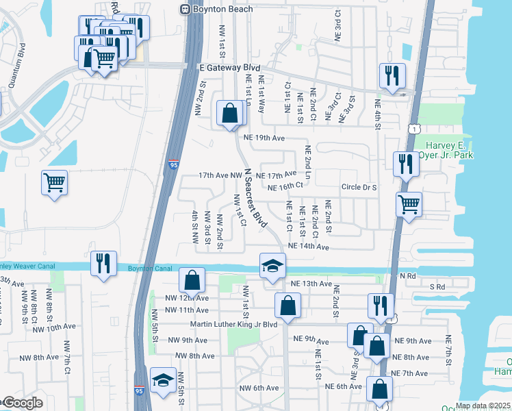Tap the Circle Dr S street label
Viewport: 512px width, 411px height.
tap(359, 186)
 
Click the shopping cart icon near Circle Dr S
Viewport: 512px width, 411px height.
tap(409, 203)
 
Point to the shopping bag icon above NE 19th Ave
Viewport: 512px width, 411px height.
tap(231, 113)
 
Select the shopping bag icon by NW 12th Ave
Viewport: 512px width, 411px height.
tap(192, 279)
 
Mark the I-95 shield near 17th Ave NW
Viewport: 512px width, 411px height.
tap(172, 164)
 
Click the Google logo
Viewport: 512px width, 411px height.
tap(24, 403)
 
